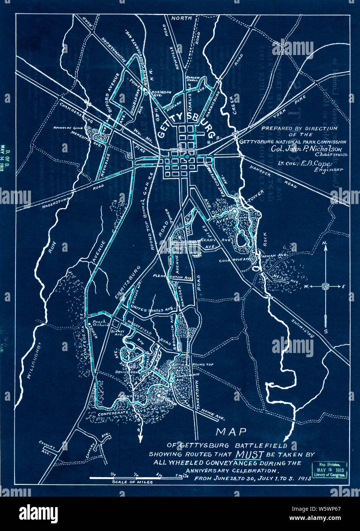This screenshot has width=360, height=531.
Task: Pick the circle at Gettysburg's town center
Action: [187, 157]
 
